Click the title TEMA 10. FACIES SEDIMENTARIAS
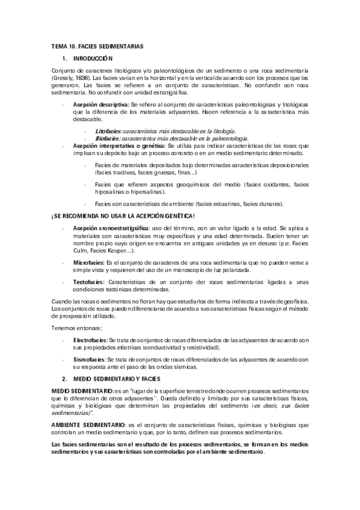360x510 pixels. pos(97,46)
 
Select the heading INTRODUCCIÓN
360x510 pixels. pos(93,58)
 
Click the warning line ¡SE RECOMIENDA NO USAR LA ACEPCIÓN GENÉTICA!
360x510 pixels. pos(122,216)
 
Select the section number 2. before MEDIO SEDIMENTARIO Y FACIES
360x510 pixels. pos(64,379)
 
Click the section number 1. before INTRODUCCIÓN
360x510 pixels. pos(64,58)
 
